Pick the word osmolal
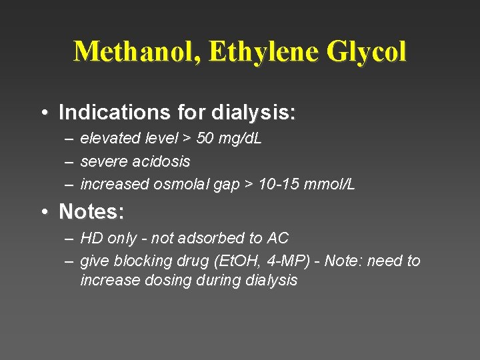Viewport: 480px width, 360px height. tap(181, 185)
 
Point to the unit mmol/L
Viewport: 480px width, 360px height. tap(331, 185)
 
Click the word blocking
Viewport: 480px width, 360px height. tap(141, 261)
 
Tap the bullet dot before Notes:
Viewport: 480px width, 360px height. tap(44, 213)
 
